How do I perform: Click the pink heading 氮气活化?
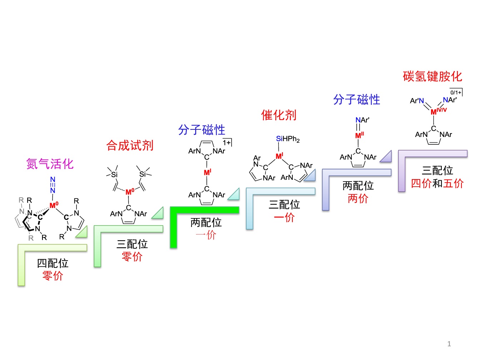pyautogui.click(x=50, y=164)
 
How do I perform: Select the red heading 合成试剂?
pyautogui.click(x=130, y=146)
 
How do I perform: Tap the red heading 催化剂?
pyautogui.click(x=279, y=115)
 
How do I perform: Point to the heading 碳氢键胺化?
pyautogui.click(x=432, y=77)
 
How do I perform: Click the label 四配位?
pyautogui.click(x=53, y=263)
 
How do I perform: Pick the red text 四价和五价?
pyautogui.click(x=437, y=184)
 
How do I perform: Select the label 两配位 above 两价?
pyautogui.click(x=358, y=186)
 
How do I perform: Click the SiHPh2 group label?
pyautogui.click(x=288, y=139)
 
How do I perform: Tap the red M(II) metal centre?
pyautogui.click(x=359, y=135)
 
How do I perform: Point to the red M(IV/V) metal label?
pyautogui.click(x=438, y=111)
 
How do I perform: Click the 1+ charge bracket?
pyautogui.click(x=227, y=143)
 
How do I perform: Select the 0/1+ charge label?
pyautogui.click(x=456, y=93)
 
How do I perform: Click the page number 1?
pyautogui.click(x=449, y=344)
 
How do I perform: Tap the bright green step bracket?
pyautogui.click(x=204, y=210)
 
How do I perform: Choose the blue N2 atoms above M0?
pyautogui.click(x=53, y=184)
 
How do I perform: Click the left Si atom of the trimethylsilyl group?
pyautogui.click(x=114, y=174)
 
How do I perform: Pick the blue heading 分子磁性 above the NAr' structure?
pyautogui.click(x=357, y=99)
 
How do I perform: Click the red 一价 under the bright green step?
pyautogui.click(x=206, y=235)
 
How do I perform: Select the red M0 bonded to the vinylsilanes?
pyautogui.click(x=130, y=192)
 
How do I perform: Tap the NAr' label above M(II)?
pyautogui.click(x=362, y=120)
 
